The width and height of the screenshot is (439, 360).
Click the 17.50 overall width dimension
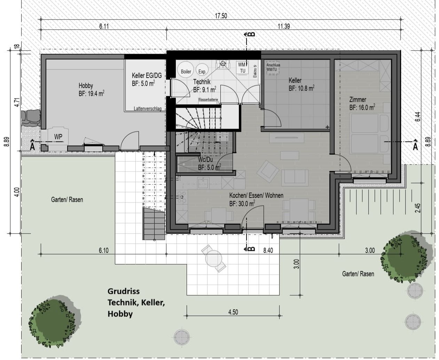coord(221,16)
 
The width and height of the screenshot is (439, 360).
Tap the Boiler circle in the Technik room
coord(186,71)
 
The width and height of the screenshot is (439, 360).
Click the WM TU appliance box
coord(242,68)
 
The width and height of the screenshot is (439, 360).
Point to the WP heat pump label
coord(58,137)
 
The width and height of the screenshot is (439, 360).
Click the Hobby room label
coord(86,85)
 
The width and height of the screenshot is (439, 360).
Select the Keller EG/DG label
coord(147,75)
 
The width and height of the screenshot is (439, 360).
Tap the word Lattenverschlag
coord(148,109)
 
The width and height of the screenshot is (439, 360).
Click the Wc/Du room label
coord(205,160)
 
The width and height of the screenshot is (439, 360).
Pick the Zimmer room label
coord(358,100)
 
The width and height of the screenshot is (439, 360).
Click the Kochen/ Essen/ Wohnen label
coord(256,196)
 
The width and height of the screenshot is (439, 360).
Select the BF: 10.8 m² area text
coord(301,89)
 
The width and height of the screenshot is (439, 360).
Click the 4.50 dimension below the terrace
coord(233,312)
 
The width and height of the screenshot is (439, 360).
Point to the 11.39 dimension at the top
coord(284,26)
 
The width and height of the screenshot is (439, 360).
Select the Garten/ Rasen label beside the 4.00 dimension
coord(67,200)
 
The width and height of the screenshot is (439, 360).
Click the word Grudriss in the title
coord(123,291)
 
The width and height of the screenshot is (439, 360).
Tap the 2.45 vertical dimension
coord(418,208)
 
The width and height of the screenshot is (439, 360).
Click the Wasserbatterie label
coord(208,100)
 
